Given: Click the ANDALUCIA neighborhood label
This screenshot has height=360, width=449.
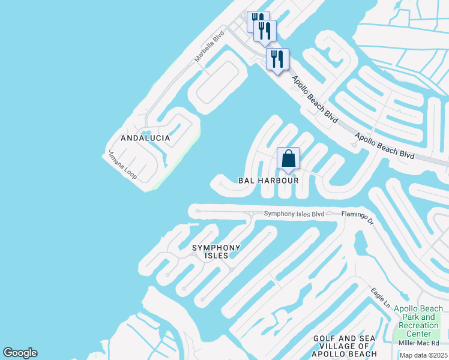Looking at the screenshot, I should [x=145, y=138].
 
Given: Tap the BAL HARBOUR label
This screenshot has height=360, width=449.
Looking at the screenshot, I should [x=268, y=180].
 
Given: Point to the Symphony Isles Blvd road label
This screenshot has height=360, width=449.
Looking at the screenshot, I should [x=295, y=214].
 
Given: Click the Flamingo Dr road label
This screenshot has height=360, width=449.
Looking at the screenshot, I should [x=358, y=218].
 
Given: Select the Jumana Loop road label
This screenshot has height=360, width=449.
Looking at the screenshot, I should [x=122, y=166].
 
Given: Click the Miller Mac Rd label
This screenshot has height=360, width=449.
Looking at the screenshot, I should [x=423, y=343].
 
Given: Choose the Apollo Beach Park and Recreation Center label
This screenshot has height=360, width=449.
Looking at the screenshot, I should [x=418, y=321].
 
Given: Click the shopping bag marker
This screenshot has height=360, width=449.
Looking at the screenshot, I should [x=288, y=159].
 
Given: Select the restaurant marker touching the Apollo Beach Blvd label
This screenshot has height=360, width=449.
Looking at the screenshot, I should [x=277, y=59].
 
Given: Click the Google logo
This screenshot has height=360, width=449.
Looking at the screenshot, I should [x=20, y=353].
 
